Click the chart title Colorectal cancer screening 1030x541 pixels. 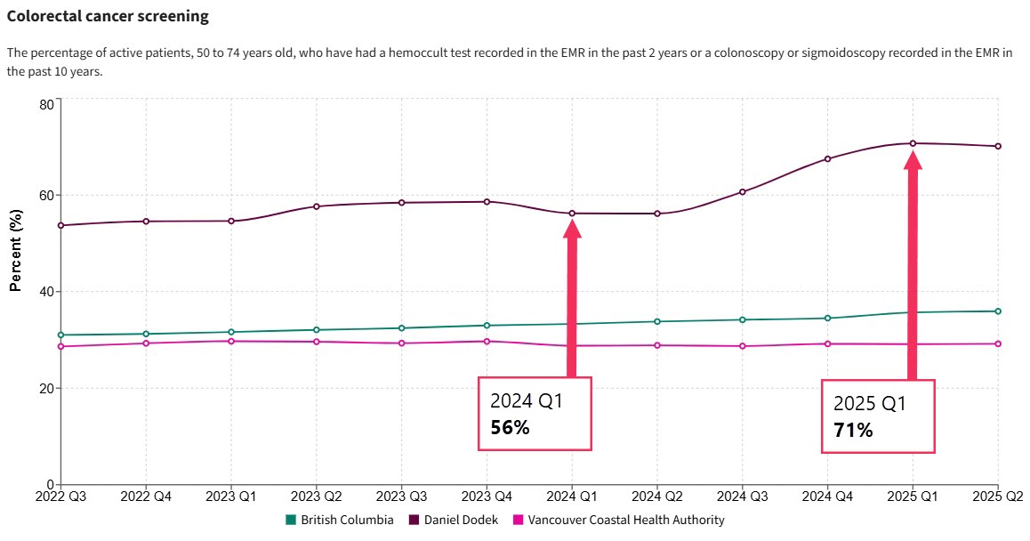[x=108, y=16]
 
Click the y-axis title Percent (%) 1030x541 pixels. [x=15, y=250]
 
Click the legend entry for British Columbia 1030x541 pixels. [x=340, y=520]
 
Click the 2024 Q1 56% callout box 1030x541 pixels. [x=535, y=414]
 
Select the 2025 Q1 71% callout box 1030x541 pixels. [x=878, y=416]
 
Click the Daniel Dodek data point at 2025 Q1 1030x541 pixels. [x=913, y=143]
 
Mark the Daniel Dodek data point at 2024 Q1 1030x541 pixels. [x=572, y=214]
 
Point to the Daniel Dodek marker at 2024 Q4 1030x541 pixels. [x=827, y=159]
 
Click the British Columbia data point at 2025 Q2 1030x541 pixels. [x=998, y=311]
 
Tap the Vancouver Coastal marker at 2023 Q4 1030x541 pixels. [x=487, y=342]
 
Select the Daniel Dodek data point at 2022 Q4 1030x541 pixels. [x=146, y=222]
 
